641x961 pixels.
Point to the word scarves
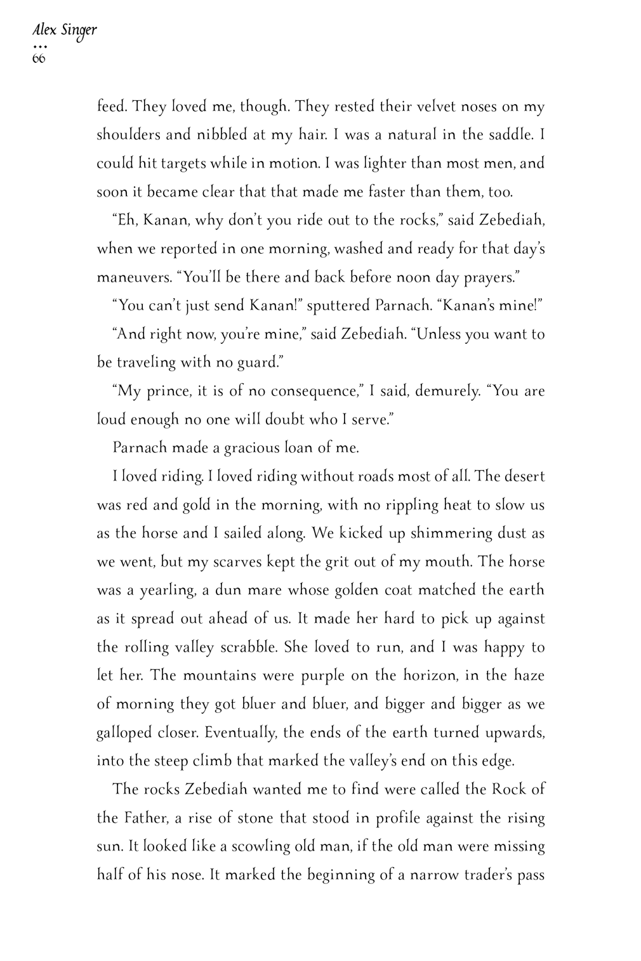pyautogui.click(x=239, y=561)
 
